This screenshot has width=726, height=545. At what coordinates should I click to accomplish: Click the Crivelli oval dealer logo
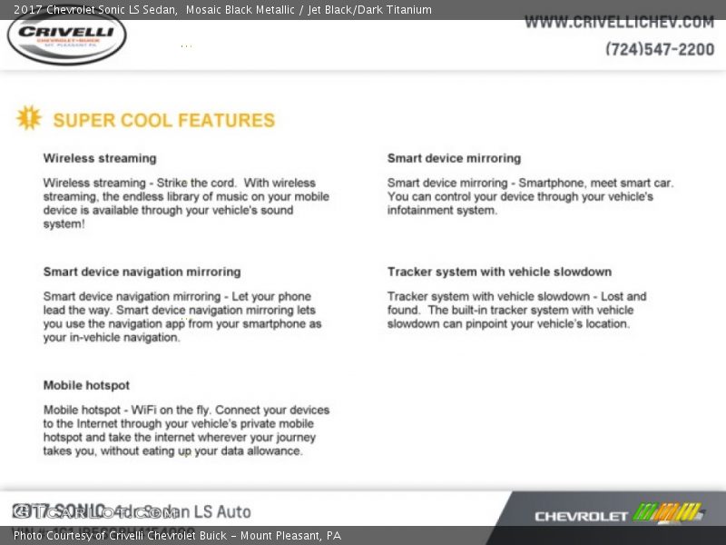coord(66,37)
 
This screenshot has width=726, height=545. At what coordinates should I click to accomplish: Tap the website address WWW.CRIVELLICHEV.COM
coord(619,22)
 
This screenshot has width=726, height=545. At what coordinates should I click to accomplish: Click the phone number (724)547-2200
coord(660,49)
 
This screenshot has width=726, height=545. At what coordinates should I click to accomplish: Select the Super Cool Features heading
coord(163,120)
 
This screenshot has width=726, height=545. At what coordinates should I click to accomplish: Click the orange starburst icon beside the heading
coord(29,118)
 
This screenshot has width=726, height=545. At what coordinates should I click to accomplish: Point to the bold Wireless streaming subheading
coord(100,158)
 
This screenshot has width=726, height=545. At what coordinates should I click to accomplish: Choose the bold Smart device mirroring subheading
coord(454,158)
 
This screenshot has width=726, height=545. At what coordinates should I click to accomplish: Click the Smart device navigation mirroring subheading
coord(142,272)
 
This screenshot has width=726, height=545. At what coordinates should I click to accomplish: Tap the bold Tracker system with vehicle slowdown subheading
coord(499,272)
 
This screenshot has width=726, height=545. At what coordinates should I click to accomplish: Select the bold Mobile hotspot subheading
coord(86,385)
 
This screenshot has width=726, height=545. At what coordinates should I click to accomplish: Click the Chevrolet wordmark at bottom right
coord(581,516)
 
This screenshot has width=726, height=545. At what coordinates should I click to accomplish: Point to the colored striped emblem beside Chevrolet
coord(668,512)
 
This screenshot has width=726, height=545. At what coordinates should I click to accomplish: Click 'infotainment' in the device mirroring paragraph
coord(422,210)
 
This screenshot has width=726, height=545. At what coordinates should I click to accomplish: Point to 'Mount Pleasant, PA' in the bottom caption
coord(290,536)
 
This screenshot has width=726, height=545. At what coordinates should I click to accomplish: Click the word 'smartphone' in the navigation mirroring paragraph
coord(278,323)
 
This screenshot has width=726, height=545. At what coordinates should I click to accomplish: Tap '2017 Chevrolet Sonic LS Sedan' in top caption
coord(95,10)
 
